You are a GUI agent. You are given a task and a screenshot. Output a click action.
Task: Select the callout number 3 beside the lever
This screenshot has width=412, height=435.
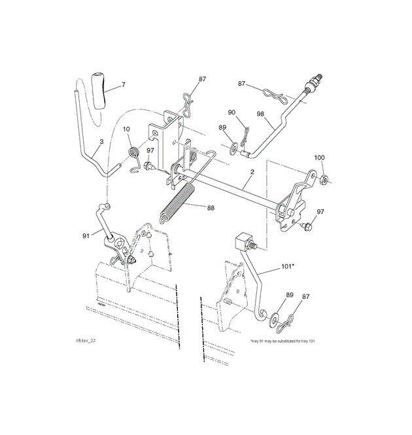click(x=101, y=141)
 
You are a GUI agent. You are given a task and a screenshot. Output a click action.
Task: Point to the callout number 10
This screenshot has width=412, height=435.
click(x=126, y=129)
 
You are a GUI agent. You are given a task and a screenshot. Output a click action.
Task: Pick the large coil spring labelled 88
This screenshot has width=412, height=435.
click(x=177, y=203)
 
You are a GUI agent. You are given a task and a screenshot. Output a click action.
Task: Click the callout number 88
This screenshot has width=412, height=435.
click(x=211, y=208)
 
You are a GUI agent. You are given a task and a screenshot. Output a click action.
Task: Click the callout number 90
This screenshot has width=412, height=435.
click(x=232, y=113)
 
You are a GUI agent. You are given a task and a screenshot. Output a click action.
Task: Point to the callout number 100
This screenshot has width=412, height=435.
click(x=319, y=158)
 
